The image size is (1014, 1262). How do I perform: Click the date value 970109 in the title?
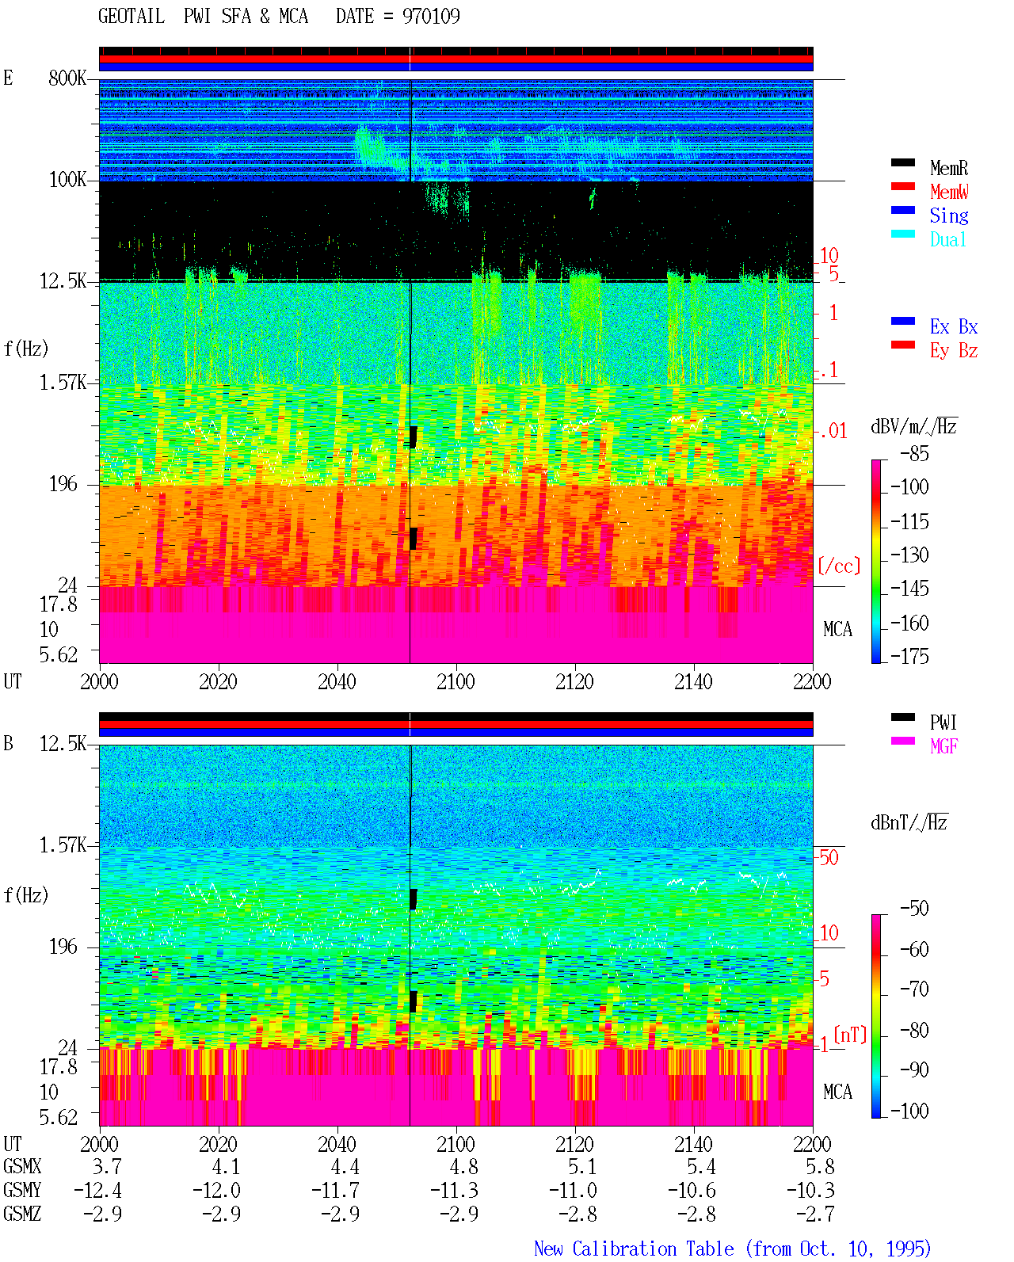430,16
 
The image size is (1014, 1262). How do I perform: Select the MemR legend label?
948,168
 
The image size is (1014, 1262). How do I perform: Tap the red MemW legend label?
948,192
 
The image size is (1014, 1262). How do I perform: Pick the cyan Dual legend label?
947,239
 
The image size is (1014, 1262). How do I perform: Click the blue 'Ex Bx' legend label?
953,326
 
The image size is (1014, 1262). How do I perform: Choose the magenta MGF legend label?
943,746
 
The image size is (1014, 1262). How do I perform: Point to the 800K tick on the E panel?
67,78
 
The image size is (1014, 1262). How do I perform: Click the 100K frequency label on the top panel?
67,180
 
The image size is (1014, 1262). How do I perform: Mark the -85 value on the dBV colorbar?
913,453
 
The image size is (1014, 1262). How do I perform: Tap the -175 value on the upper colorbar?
909,656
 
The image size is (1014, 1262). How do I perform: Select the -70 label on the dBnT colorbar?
913,989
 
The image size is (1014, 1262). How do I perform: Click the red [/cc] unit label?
839,566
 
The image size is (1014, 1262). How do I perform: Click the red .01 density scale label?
833,431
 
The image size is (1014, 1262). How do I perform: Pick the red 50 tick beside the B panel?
829,857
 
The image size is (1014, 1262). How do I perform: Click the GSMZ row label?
22,1214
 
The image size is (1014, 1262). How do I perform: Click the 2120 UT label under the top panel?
574,681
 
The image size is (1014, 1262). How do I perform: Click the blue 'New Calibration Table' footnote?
634,1249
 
